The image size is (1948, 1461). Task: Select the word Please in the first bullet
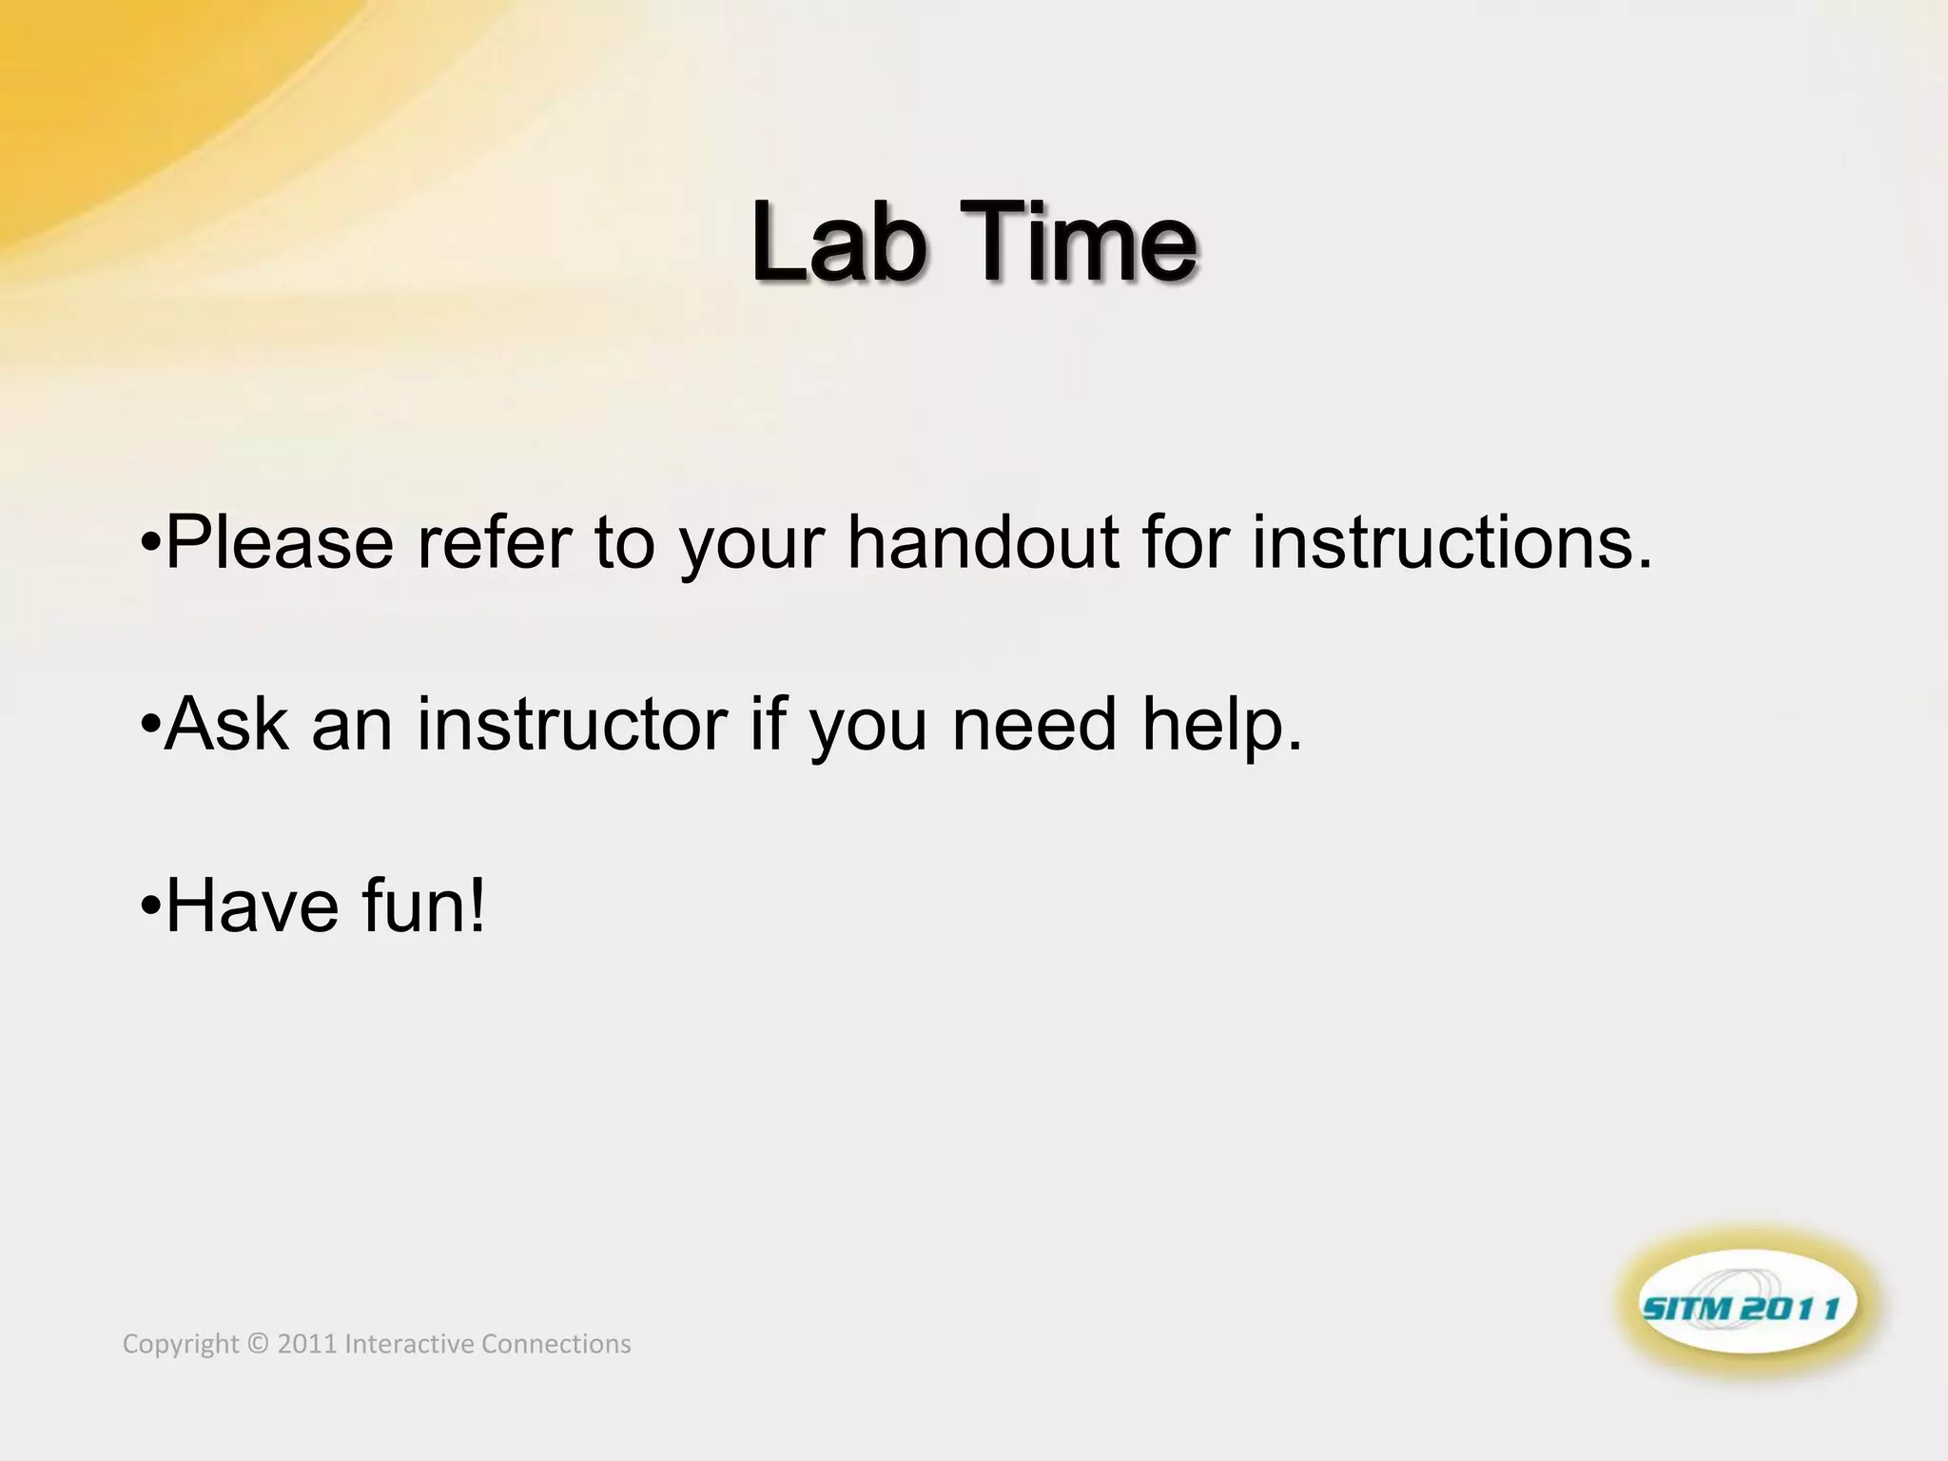click(x=279, y=543)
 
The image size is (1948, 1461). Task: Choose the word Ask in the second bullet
click(x=226, y=725)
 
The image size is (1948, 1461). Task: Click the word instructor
click(x=572, y=725)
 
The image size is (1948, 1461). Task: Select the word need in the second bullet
click(x=1034, y=725)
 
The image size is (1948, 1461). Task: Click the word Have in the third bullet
click(x=252, y=906)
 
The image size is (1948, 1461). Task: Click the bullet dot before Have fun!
click(x=149, y=907)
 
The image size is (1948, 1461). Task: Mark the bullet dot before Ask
click(x=149, y=726)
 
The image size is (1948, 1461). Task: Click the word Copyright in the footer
click(x=181, y=1344)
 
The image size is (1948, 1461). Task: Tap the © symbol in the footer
click(x=258, y=1344)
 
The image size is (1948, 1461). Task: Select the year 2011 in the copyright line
click(x=306, y=1344)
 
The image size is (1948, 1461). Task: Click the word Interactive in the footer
click(x=409, y=1344)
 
